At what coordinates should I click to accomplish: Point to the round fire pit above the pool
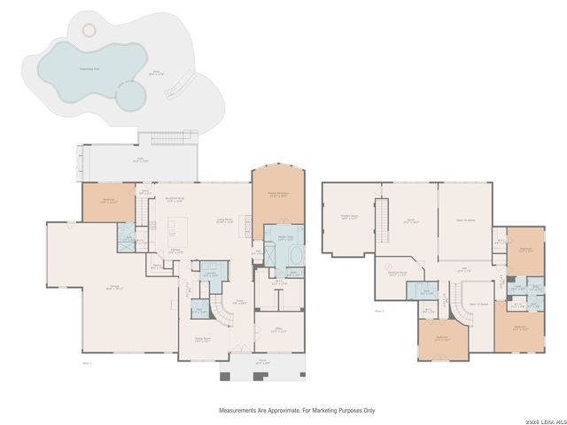89,29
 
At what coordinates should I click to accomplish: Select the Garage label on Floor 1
115,286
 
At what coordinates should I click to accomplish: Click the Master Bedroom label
278,196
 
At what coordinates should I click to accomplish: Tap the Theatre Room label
348,216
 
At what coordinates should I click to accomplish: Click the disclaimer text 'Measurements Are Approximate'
297,411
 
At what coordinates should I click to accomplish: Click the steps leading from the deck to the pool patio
175,138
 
